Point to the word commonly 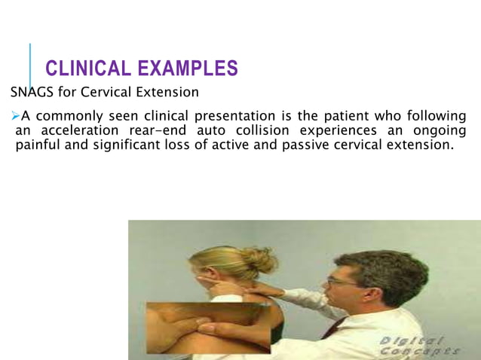coord(69,117)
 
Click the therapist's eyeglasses coord(341,281)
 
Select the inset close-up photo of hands coord(207,327)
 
